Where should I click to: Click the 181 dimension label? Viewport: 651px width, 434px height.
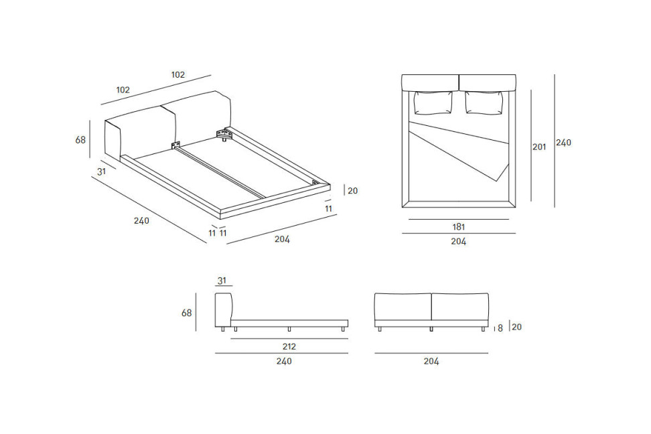tap(458, 227)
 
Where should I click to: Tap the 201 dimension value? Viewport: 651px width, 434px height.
tap(539, 147)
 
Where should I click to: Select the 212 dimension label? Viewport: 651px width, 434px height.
tap(289, 346)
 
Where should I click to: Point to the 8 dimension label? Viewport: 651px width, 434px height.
tap(500, 328)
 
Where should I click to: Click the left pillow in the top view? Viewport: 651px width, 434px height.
tap(433, 102)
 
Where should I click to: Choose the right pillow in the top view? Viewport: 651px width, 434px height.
tap(484, 102)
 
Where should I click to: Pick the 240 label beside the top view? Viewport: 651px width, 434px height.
tap(563, 143)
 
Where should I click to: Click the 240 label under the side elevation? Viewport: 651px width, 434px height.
tap(284, 361)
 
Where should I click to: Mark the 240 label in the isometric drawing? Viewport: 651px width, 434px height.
tap(141, 220)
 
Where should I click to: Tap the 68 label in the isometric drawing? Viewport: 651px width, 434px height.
tap(80, 140)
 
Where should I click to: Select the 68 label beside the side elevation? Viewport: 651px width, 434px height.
tap(186, 313)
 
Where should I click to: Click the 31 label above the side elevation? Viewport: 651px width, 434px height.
tap(222, 281)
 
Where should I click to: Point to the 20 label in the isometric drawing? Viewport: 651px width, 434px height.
tap(352, 191)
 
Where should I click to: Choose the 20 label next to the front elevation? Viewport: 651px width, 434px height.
tap(516, 327)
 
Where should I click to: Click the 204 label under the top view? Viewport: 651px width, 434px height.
tap(458, 241)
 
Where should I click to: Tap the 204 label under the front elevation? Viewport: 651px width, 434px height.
tap(431, 361)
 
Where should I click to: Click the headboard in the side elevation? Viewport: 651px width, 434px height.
tap(224, 310)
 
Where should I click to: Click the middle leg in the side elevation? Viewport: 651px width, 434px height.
tap(289, 329)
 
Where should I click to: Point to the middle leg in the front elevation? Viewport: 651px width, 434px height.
tap(431, 329)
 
